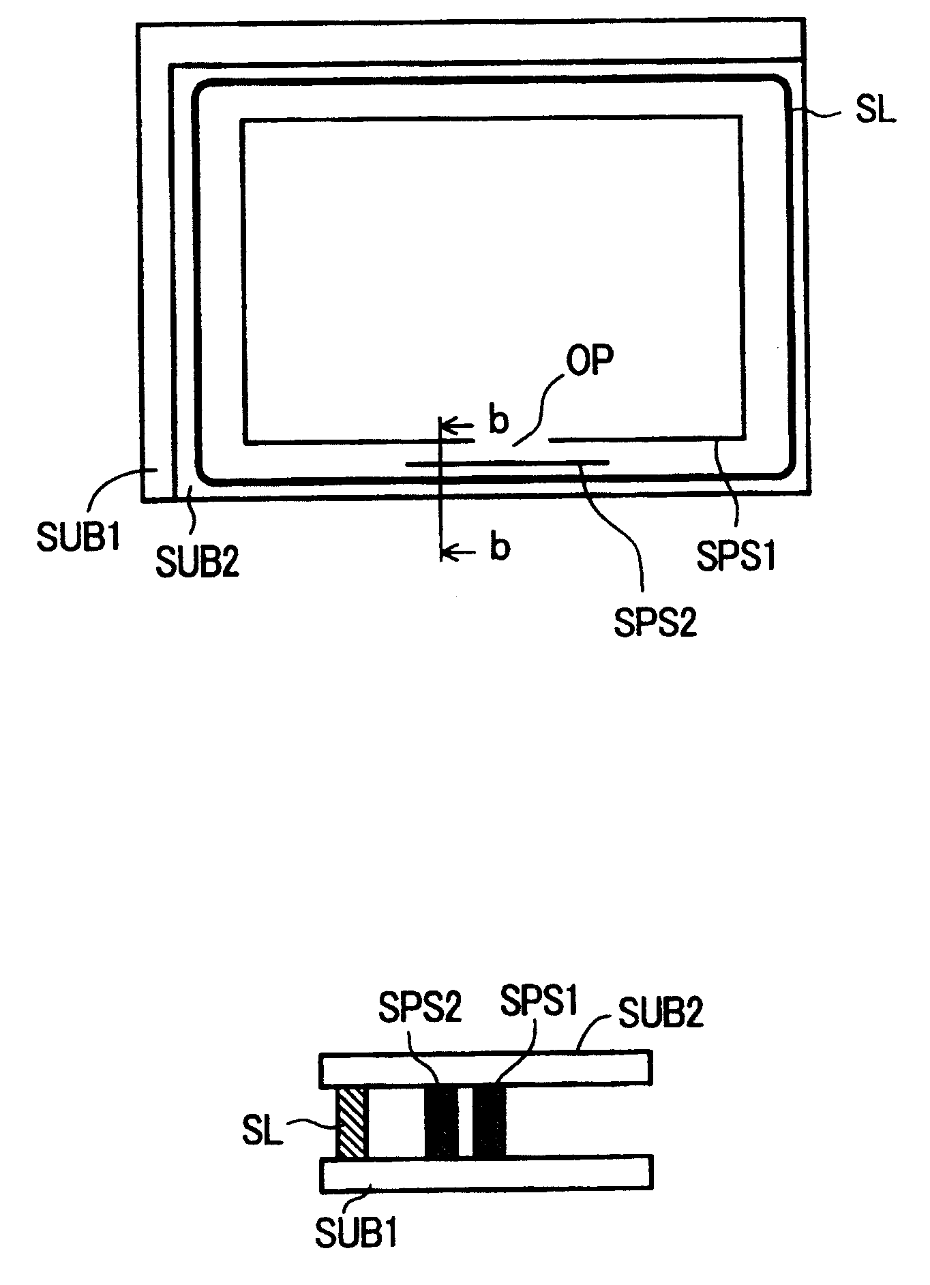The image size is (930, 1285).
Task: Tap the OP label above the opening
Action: click(592, 359)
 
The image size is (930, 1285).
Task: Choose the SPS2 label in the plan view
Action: click(655, 623)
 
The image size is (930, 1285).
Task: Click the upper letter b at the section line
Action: click(498, 421)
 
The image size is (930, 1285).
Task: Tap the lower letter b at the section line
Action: click(500, 548)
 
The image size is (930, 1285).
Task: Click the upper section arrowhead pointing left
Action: click(447, 427)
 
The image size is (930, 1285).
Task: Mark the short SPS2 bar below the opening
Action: click(507, 463)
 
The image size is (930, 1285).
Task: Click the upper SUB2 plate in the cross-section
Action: click(485, 1070)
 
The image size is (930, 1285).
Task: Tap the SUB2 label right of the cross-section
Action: click(659, 1013)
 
